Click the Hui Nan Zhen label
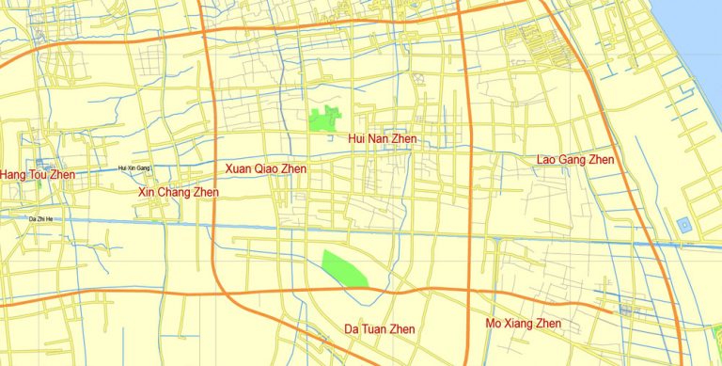point(382,139)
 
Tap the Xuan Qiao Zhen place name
point(265,168)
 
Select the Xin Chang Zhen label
point(179,193)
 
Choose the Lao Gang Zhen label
point(575,160)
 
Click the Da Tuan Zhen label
point(379,328)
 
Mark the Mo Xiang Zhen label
point(523,324)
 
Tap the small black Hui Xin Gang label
point(133,168)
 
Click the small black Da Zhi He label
point(43,218)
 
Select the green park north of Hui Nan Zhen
point(324,119)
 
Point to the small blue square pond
point(683,226)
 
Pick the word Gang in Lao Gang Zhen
point(576,160)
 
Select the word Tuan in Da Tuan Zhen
point(379,328)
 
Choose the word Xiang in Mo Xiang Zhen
point(523,324)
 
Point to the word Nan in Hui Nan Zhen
point(381,139)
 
